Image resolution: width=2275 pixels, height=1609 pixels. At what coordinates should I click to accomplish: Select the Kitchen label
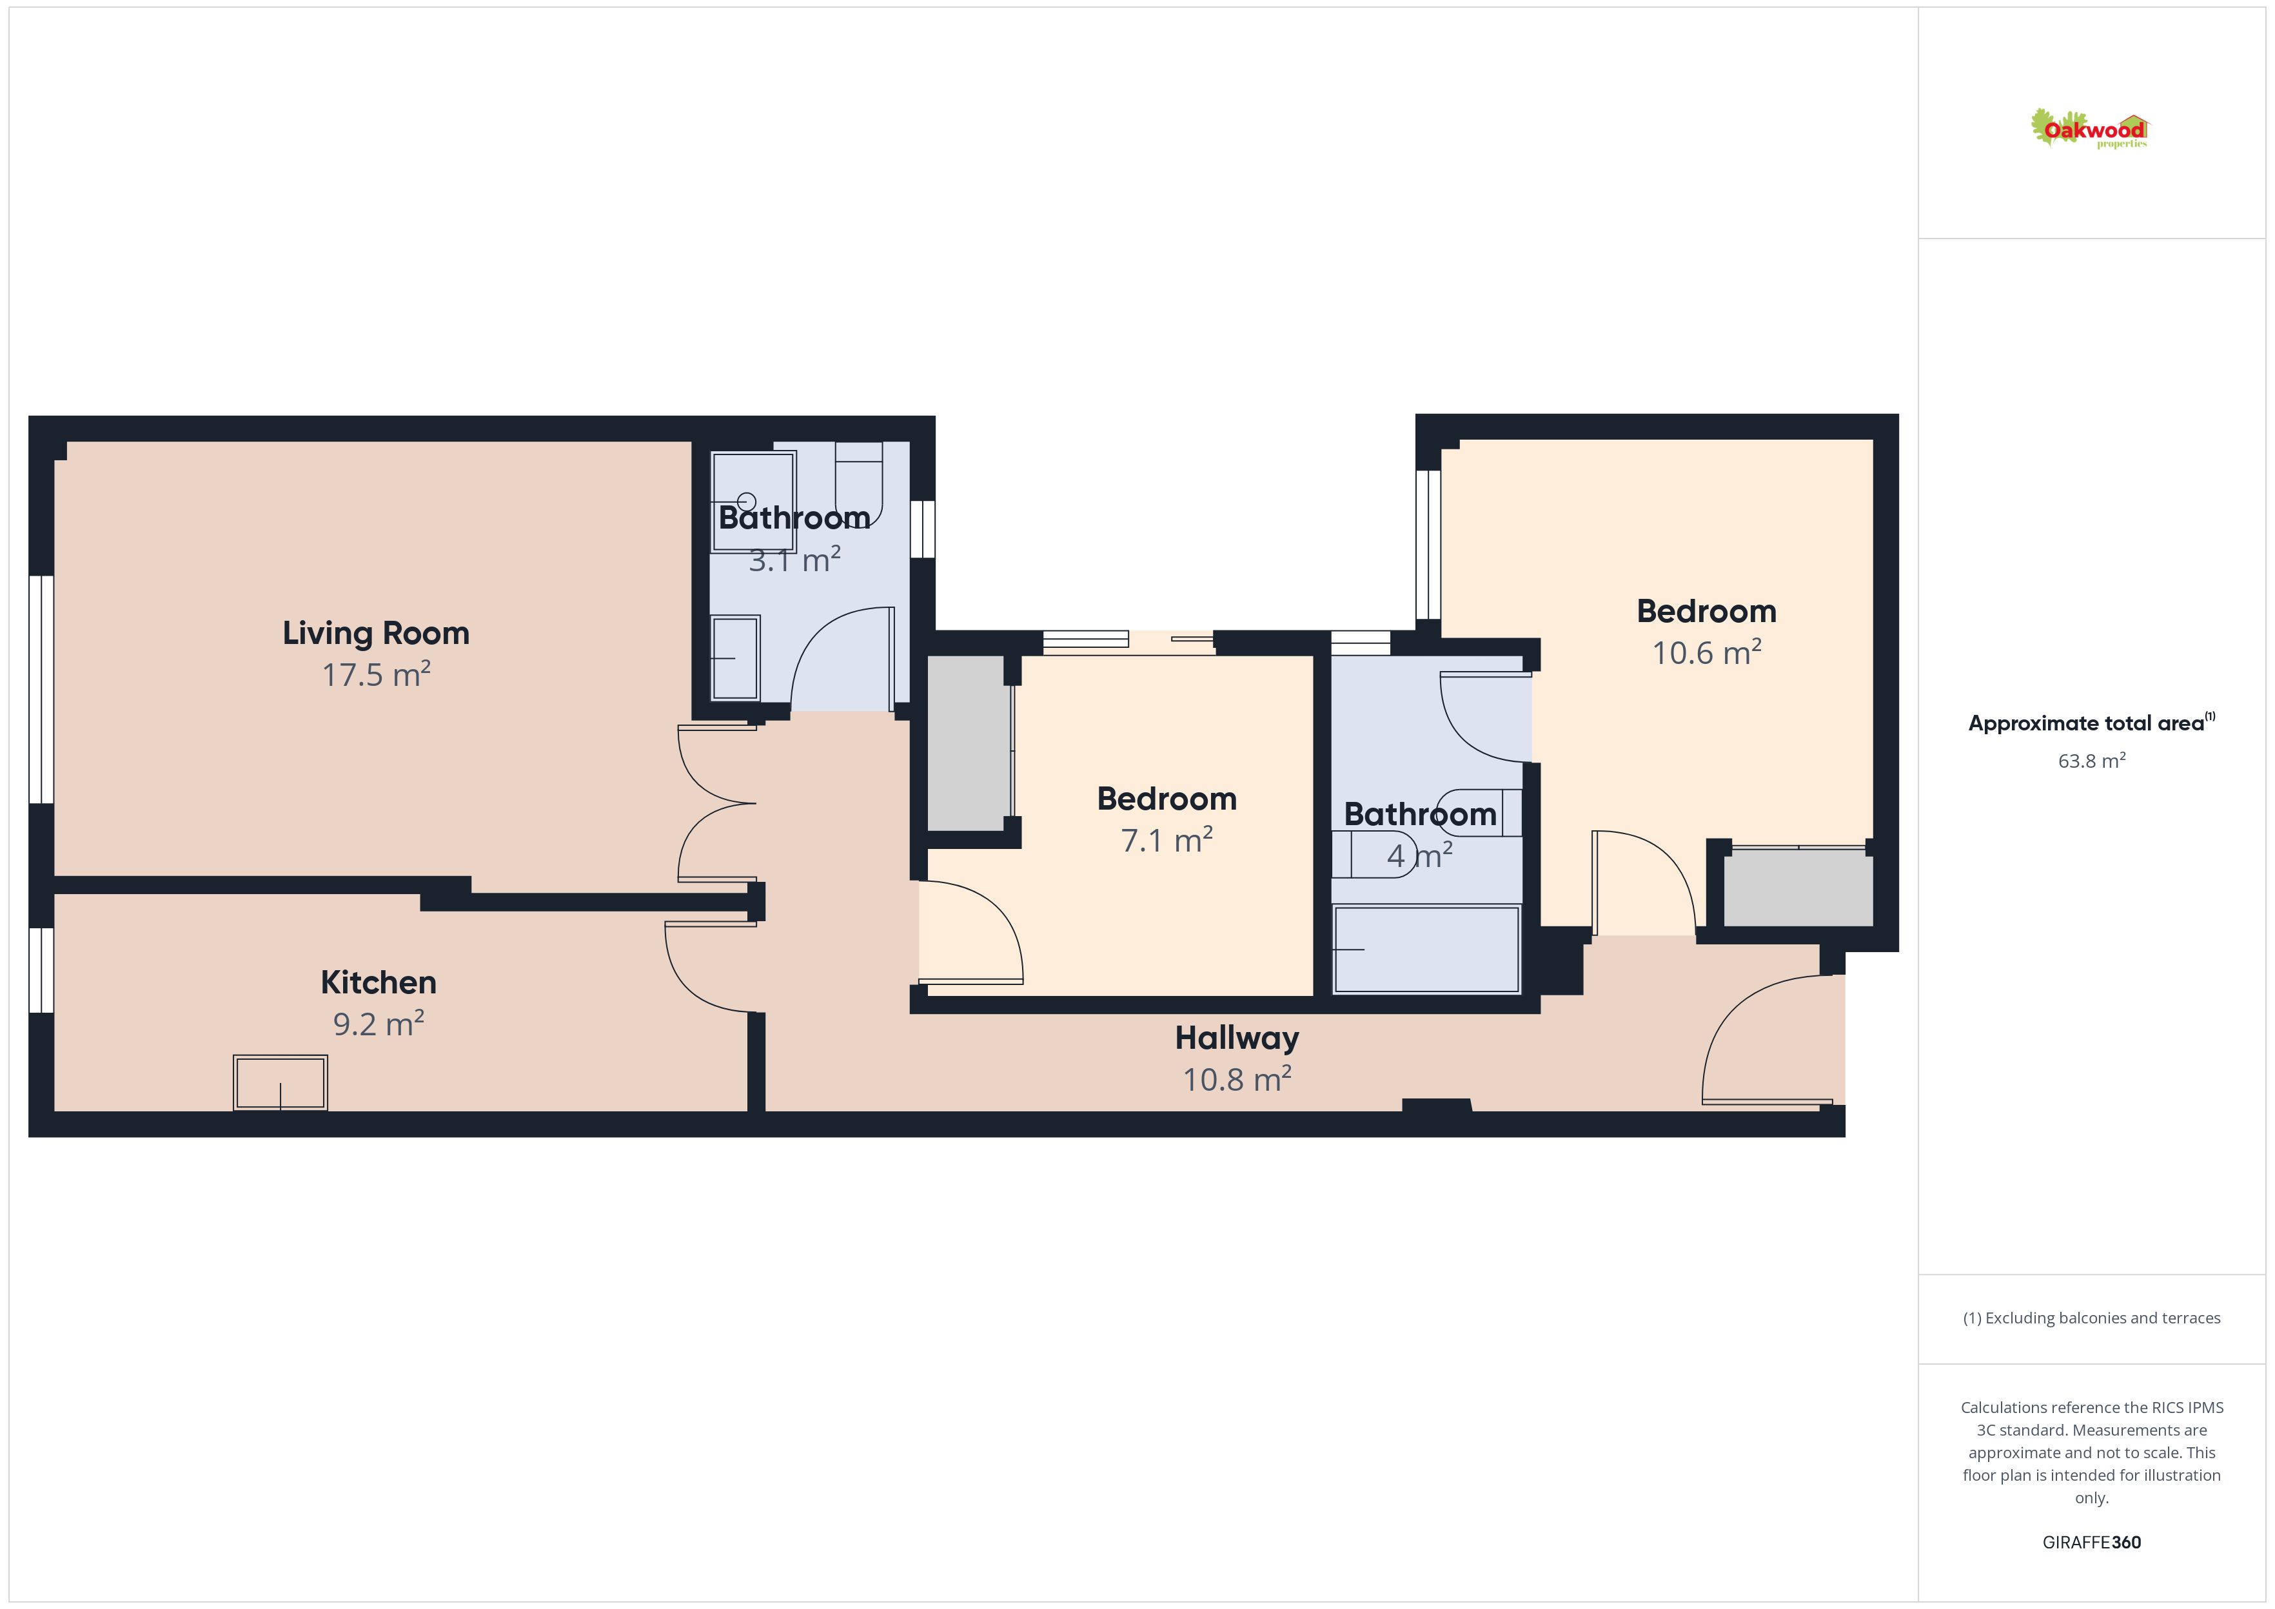click(x=379, y=982)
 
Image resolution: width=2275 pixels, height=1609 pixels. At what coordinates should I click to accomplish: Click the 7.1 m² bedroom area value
click(x=1167, y=840)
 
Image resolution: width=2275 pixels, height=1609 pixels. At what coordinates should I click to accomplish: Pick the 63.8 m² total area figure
click(x=2092, y=761)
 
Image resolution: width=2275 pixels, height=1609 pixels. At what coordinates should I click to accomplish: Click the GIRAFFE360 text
click(x=2092, y=1543)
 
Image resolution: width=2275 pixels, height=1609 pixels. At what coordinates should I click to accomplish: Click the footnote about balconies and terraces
click(x=2092, y=1318)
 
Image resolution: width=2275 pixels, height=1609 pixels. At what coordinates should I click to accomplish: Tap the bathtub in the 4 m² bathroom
click(x=1427, y=949)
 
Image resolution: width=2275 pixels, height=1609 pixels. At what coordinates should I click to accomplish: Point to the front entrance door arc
click(x=1744, y=1030)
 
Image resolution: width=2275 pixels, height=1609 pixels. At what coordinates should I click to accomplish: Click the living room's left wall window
click(x=41, y=690)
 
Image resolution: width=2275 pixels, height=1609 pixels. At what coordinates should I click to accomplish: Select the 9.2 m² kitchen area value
click(x=379, y=1024)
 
